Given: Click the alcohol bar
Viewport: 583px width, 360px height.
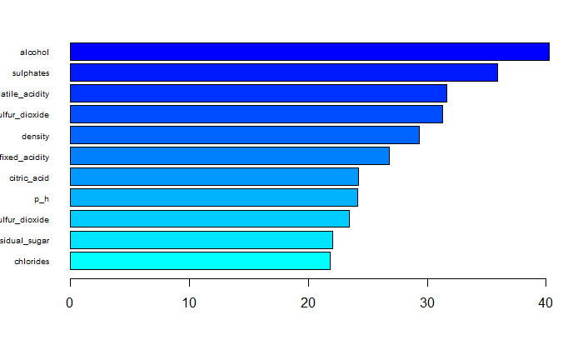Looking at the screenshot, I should coord(309,52).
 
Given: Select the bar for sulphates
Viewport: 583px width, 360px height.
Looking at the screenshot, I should coord(283,72).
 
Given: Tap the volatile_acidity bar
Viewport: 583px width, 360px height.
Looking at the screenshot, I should coord(258,93).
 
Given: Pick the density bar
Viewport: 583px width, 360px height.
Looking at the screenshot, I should coord(244,135).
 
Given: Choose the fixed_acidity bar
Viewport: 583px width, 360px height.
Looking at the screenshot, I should coord(229,156).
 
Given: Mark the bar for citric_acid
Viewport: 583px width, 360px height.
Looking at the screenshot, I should coord(214,177).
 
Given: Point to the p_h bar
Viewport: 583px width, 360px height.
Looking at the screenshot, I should coord(213,197).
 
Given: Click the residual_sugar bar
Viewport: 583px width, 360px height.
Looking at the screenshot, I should coord(201,240).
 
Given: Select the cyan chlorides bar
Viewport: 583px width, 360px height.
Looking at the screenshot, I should coord(200,261).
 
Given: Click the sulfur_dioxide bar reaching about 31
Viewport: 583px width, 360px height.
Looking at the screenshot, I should coord(256,114).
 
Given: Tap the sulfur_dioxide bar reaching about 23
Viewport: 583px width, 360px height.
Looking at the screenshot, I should coord(209,219).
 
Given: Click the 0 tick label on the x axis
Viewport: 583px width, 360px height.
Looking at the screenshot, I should coord(70,304).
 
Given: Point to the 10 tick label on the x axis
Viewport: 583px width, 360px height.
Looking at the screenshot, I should coord(189,304).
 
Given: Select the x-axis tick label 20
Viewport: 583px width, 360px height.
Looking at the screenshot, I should coord(308,304).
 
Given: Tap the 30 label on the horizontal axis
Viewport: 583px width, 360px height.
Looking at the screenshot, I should coord(427,304).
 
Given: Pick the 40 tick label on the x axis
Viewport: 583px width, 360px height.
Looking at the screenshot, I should coord(546,304).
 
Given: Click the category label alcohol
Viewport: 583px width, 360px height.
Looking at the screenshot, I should coord(34,52).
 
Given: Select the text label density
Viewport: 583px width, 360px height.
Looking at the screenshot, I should coord(35,136).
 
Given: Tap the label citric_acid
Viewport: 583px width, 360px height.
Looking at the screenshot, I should coord(29,177).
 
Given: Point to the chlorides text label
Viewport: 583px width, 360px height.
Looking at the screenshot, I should coord(32,262).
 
